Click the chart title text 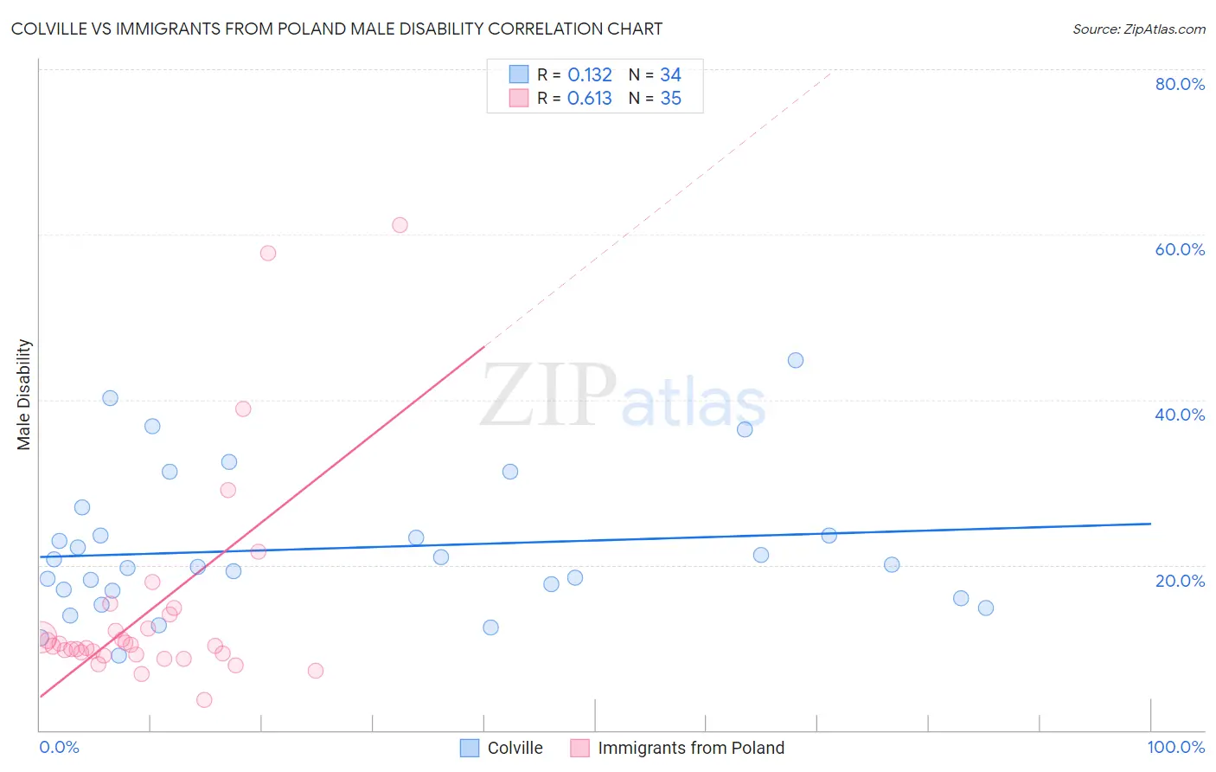click(336, 29)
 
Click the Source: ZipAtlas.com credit click(1138, 29)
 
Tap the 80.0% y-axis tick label click(1179, 84)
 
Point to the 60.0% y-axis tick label click(1179, 249)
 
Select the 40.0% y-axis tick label click(1179, 415)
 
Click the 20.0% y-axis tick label click(1179, 581)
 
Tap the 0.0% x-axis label click(59, 747)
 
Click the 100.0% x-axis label click(1175, 747)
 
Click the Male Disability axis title click(24, 395)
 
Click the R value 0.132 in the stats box click(589, 75)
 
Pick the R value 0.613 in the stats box click(589, 99)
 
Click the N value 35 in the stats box click(670, 99)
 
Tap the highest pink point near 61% click(400, 225)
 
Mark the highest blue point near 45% click(796, 360)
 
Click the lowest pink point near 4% click(204, 699)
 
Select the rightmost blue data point click(986, 608)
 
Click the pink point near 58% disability click(268, 254)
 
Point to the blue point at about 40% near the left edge click(110, 398)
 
